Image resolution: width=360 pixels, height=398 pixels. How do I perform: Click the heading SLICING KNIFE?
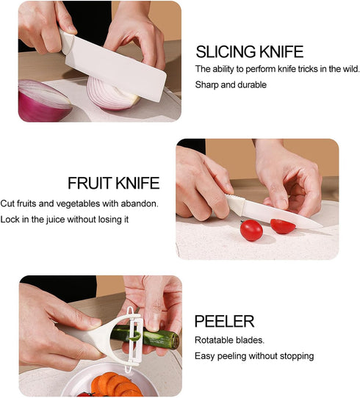(x=250, y=51)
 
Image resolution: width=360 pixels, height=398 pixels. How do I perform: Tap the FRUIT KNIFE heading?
(x=113, y=183)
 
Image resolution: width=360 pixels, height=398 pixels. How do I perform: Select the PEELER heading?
(x=224, y=322)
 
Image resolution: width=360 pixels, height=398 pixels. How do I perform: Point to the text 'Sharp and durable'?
(x=231, y=84)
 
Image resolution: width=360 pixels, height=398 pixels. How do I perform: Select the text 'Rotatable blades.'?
(x=229, y=340)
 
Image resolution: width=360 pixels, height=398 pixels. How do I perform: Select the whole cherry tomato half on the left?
(x=251, y=231)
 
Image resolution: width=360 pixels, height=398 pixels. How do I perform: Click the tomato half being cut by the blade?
(x=282, y=226)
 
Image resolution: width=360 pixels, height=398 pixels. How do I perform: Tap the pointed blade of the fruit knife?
(x=282, y=214)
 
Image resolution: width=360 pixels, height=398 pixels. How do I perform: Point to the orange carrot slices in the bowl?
(x=115, y=386)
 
